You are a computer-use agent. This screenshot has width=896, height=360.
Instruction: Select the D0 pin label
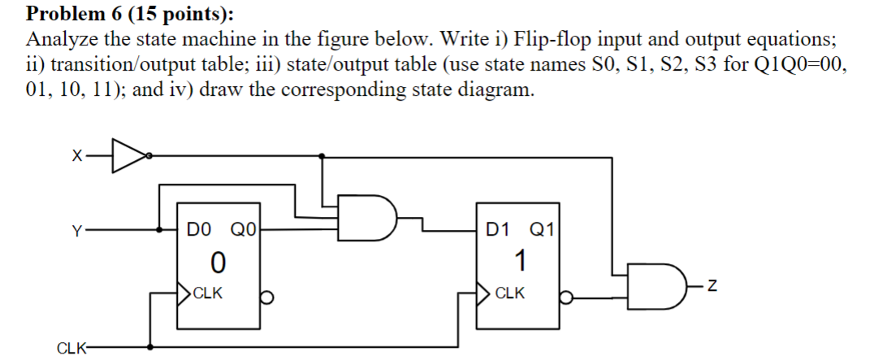click(197, 230)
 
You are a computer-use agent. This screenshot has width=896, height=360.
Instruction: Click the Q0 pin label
click(243, 230)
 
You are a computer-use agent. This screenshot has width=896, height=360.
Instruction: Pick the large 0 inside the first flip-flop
click(217, 262)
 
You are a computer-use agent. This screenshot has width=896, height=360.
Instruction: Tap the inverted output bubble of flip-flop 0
click(265, 297)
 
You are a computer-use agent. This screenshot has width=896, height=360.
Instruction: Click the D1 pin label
click(497, 230)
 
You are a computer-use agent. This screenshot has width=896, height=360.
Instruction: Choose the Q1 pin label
click(540, 230)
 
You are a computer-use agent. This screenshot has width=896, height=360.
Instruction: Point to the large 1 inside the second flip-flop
click(520, 262)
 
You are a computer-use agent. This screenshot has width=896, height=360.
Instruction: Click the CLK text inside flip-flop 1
click(509, 293)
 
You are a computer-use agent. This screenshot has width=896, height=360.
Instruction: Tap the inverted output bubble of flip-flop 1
click(567, 297)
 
